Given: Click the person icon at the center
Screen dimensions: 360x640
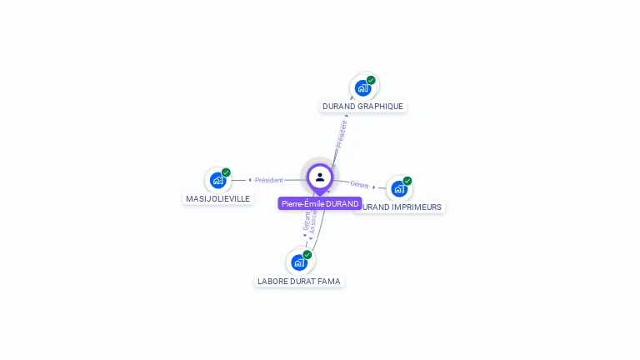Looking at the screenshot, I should [320, 177].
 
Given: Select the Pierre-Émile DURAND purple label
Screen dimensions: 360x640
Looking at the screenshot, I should [320, 203].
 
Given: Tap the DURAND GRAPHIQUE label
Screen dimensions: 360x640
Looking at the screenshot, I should [362, 107].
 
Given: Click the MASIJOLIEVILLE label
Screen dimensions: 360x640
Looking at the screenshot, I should [217, 199].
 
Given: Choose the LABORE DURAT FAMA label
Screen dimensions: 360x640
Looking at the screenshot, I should [299, 282].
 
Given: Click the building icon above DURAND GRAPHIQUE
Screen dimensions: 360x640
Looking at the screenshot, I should [362, 87].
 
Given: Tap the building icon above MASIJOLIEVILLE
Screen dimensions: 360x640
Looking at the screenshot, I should [217, 180].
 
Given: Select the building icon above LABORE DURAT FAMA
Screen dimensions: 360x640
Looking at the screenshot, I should [299, 262].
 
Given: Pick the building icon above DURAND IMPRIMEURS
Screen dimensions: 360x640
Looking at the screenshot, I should [398, 188].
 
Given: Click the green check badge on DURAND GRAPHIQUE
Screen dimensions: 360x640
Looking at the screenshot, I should [371, 80].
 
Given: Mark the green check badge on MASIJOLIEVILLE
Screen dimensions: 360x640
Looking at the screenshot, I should [226, 172].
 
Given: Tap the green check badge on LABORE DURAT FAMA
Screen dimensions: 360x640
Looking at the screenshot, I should [307, 254].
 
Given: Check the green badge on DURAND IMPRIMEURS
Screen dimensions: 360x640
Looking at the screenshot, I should [407, 181].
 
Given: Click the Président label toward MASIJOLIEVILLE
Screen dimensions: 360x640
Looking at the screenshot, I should [269, 180].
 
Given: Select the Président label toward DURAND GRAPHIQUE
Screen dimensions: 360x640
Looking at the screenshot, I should [341, 133].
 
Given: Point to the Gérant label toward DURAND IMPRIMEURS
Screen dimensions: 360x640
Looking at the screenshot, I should [359, 184].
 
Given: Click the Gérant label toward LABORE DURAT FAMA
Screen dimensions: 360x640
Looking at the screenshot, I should [306, 221].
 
